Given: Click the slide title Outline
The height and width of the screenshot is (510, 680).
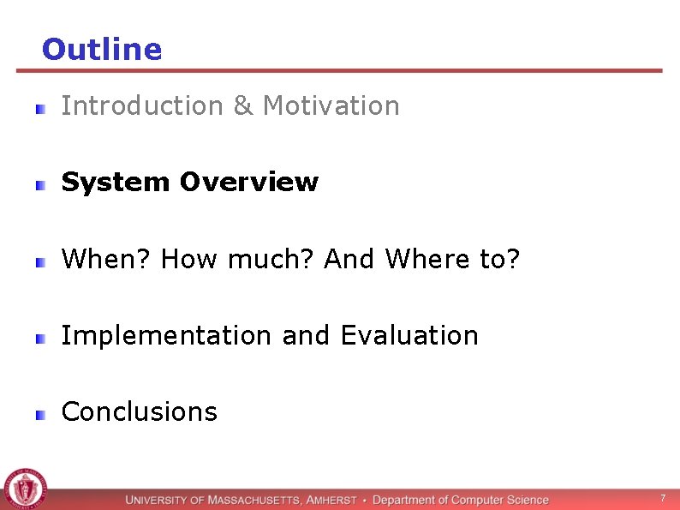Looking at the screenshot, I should (101, 50).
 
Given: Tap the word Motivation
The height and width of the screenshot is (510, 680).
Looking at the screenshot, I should (331, 106).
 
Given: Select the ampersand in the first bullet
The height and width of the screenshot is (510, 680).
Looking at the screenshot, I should (242, 106).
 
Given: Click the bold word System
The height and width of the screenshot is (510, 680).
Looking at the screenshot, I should (116, 183).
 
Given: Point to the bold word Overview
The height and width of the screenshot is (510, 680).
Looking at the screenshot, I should (248, 183).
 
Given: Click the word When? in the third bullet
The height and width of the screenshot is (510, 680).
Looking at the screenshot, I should (106, 259).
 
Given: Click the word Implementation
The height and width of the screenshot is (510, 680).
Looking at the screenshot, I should (168, 335).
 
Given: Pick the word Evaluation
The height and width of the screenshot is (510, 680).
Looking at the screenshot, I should (409, 335).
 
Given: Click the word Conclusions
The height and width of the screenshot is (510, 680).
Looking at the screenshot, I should (140, 412).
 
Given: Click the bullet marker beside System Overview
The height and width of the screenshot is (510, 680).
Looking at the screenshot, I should (40, 184).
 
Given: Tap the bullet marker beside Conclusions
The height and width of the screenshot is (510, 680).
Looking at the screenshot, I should (40, 414).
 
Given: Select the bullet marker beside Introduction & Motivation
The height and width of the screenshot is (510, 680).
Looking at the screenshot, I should (40, 108).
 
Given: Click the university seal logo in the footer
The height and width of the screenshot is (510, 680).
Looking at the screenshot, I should (26, 489).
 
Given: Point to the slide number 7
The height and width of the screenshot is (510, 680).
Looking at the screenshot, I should (661, 498).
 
